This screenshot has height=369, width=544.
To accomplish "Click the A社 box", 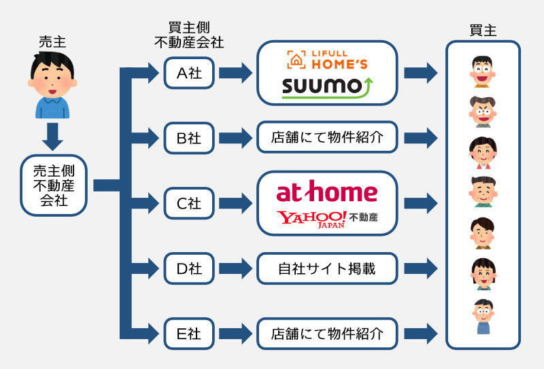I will coord(190,73).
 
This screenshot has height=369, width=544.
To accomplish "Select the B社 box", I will coord(190,138).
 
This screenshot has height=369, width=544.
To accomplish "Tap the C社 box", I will coord(190,203).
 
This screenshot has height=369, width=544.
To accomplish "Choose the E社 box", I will coord(190,334).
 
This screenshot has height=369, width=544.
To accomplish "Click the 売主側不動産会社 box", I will coord(53,185).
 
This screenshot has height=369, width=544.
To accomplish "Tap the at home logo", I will coord(326,192).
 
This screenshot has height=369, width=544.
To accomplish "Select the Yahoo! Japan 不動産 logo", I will coord(326,219).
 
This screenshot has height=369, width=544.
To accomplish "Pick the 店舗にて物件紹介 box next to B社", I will coord(326,138).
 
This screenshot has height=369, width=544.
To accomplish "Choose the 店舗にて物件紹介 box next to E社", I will coord(326,334).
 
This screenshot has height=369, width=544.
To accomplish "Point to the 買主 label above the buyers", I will coord(483,31).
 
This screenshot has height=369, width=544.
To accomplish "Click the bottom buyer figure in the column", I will coord(483,316).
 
